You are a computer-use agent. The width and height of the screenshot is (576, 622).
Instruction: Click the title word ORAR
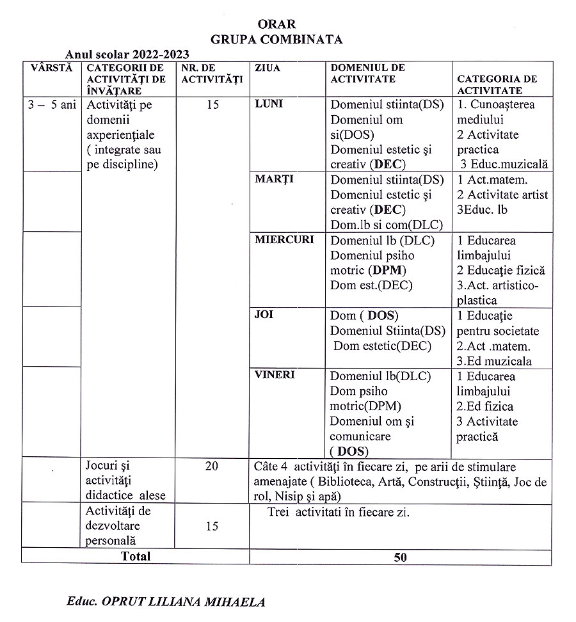click(x=276, y=24)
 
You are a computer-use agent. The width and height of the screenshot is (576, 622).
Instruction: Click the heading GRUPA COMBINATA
click(x=276, y=39)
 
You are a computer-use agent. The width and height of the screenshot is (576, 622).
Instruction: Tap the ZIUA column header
click(x=268, y=68)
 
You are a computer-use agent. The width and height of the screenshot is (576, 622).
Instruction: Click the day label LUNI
click(x=269, y=104)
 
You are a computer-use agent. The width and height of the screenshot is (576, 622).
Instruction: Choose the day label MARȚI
click(x=274, y=179)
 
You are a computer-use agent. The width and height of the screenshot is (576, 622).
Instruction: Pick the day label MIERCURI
click(x=284, y=240)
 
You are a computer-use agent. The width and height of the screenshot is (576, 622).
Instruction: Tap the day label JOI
click(x=264, y=315)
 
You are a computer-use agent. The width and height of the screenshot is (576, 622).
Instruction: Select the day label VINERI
click(x=275, y=375)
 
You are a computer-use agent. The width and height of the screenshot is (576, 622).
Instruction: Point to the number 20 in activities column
click(x=211, y=466)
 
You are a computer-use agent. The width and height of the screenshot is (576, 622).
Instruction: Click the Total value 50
click(x=400, y=557)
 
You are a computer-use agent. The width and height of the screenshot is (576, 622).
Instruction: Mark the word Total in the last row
click(x=136, y=556)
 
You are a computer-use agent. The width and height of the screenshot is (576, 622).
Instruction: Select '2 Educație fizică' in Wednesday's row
click(x=500, y=270)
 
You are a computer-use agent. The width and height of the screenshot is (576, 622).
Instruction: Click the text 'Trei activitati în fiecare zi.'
click(x=339, y=513)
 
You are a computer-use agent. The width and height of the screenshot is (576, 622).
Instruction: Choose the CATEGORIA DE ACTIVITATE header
click(x=497, y=84)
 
